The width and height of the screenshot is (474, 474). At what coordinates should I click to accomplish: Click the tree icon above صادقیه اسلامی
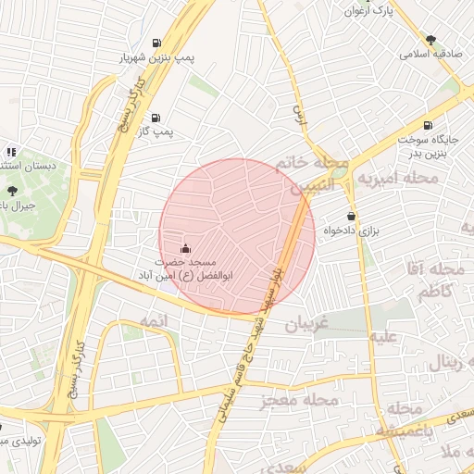coord(430,39)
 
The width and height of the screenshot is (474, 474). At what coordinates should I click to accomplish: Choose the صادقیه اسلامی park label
coord(430,55)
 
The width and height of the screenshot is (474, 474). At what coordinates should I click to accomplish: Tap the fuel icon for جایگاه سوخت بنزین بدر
coord(426,126)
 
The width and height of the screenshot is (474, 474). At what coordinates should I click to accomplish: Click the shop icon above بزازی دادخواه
coord(351,216)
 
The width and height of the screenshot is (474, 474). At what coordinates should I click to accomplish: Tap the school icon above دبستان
coord(10,151)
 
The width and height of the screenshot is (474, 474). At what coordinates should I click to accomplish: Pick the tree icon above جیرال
coord(11,189)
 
